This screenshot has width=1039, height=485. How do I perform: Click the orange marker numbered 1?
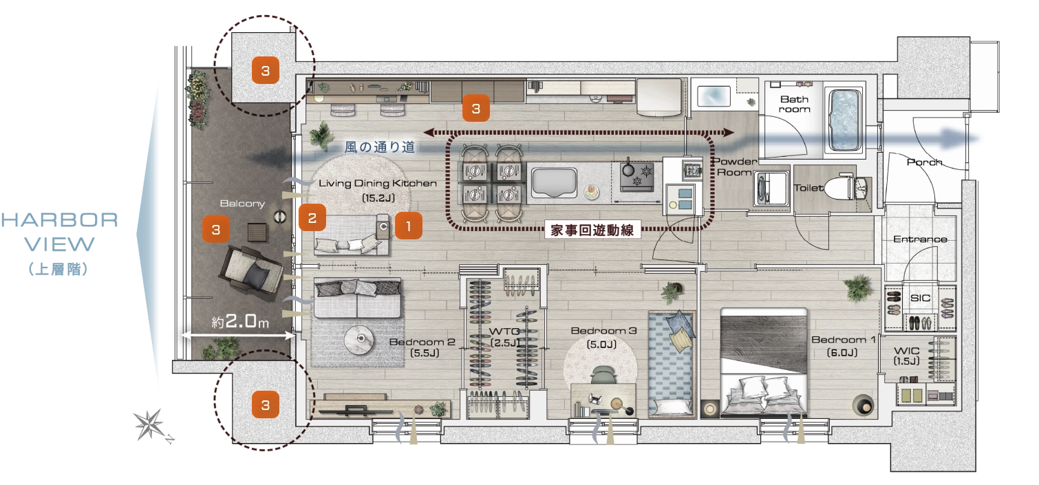(408, 226)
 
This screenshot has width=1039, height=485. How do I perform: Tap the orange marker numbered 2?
(312, 217)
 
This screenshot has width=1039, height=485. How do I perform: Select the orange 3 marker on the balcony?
(216, 229)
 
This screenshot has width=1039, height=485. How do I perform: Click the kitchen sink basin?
(554, 183)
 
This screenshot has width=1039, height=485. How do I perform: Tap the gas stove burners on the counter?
(637, 177)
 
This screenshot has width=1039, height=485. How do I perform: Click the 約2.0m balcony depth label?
(240, 321)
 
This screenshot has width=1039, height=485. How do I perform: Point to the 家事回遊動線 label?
(592, 230)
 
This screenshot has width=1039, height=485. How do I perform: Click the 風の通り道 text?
(379, 147)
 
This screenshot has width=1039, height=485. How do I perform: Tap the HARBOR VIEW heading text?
(60, 232)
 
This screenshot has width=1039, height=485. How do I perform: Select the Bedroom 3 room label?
(603, 331)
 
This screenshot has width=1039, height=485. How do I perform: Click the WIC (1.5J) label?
(906, 356)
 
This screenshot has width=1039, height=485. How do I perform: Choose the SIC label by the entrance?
(920, 298)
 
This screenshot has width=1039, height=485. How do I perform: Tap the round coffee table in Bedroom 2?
(359, 340)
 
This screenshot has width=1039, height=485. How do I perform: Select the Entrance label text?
(920, 239)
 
